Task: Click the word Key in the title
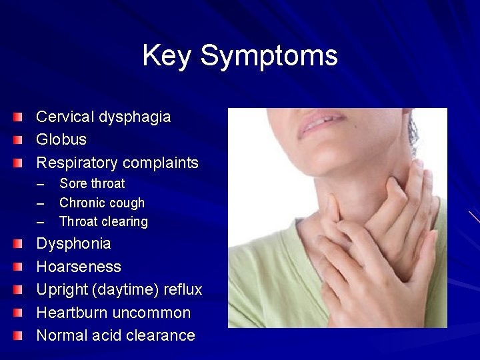(167, 56)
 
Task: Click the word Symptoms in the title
(269, 56)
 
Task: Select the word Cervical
(65, 117)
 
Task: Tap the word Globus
(61, 140)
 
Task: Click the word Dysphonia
(73, 243)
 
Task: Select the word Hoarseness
(79, 267)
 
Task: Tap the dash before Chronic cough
(41, 203)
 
